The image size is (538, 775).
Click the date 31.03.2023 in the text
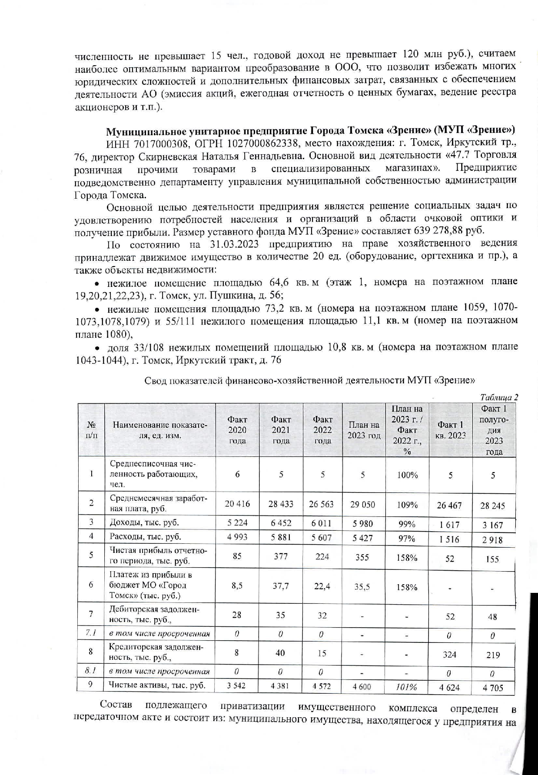point(232,243)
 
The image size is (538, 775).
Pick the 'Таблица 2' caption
point(499,397)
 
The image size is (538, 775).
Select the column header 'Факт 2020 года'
point(237,430)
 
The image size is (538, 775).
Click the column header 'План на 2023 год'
point(364,430)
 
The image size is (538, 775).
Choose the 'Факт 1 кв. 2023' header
point(450,430)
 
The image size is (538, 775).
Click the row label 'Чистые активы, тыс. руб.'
point(157,685)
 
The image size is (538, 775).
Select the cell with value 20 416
point(237,504)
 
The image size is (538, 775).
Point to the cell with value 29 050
point(362,504)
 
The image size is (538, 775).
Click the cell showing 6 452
point(280,523)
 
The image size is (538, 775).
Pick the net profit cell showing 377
point(280,556)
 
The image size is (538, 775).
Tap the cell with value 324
point(449,654)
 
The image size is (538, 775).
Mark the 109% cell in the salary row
point(407,505)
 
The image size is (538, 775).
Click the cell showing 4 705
point(493,688)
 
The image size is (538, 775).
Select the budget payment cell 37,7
point(280,586)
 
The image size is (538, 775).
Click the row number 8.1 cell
point(90,671)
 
